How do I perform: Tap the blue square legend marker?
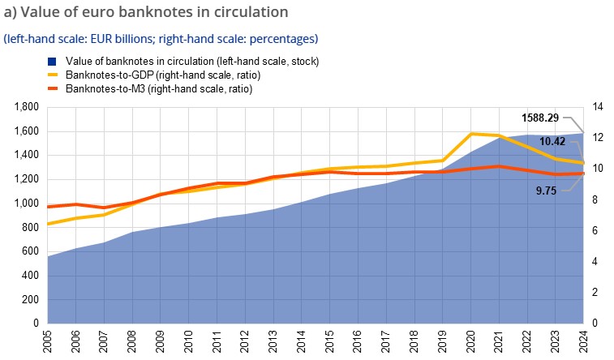coord(50,61)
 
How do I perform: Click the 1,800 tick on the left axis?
coord(28,107)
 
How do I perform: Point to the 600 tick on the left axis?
coord(32,251)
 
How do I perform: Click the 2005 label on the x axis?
coord(48,340)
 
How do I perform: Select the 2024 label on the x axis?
coord(583,340)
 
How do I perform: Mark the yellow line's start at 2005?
coord(48,224)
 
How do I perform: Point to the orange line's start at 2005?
coord(48,207)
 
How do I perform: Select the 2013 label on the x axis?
coord(273,340)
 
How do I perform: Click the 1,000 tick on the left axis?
coord(28,204)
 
